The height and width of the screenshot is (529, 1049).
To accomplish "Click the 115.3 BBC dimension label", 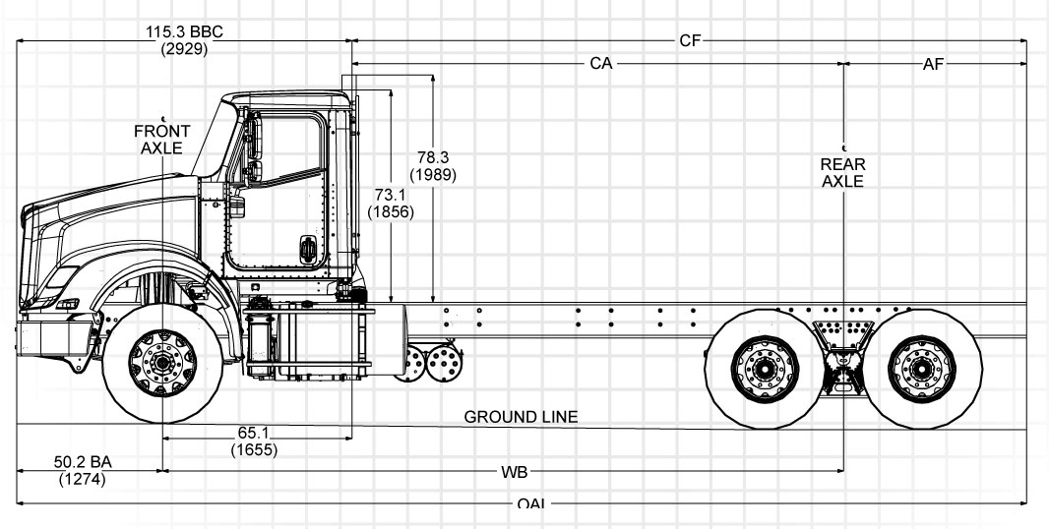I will [x=184, y=31].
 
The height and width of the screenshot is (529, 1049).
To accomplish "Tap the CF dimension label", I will [x=690, y=41].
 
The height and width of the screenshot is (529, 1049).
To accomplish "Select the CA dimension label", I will [x=601, y=64].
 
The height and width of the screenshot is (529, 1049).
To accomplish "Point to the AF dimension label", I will [x=934, y=64].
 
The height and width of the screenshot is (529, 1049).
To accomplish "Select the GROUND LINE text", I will [x=521, y=417].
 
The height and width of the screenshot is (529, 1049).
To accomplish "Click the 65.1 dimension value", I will [x=253, y=434].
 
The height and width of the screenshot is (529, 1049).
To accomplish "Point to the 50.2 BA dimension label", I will [x=81, y=463].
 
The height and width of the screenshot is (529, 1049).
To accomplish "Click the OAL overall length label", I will [x=532, y=505].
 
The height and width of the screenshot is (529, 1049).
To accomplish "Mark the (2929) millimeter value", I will [x=184, y=48].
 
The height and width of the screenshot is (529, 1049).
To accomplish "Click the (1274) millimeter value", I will [x=81, y=480].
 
